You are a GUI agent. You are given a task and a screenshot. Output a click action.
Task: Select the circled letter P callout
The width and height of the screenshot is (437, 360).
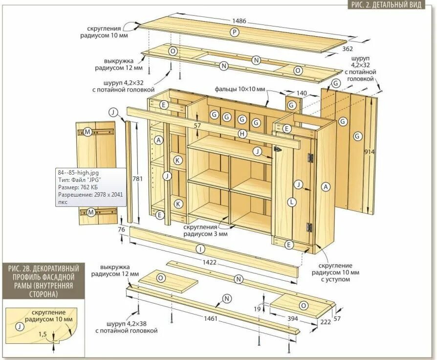point(235,32)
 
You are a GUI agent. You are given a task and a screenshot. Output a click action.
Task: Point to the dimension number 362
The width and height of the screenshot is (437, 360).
point(348,49)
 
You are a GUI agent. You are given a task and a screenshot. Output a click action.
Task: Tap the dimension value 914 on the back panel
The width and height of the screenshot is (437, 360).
point(370,152)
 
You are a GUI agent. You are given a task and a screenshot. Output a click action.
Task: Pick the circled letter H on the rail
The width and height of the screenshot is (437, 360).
point(241,134)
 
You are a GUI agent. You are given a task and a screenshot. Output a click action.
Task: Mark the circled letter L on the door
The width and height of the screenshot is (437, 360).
point(292,202)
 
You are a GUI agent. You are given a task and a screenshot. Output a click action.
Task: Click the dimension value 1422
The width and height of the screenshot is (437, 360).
point(210,262)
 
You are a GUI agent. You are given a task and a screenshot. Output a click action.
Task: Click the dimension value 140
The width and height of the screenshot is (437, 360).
point(302,92)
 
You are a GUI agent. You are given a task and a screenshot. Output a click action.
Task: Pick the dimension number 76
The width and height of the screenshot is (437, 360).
point(122,229)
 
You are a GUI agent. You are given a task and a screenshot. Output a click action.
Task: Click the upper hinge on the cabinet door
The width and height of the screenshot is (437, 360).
point(310,158)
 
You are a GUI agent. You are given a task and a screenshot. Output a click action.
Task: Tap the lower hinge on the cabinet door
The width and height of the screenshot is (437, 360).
point(309,226)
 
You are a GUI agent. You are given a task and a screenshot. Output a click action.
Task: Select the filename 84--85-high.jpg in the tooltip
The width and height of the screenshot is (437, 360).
point(78,172)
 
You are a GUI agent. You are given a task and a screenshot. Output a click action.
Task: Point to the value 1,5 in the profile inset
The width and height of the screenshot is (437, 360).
point(43,334)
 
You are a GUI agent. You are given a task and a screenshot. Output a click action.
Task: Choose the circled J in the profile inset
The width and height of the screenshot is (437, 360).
point(19,327)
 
